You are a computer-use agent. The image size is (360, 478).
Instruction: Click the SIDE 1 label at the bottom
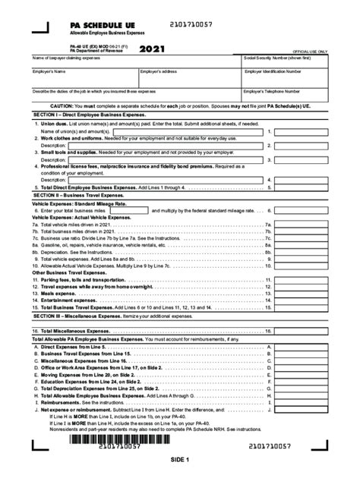click(179, 460)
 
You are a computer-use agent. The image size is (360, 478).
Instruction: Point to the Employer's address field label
click(159, 71)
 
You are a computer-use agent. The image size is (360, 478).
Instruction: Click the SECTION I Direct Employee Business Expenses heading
click(92, 113)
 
